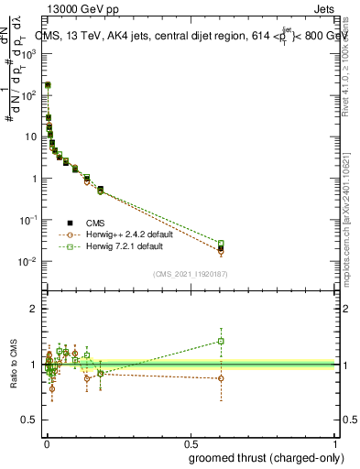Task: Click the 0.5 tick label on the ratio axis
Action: pos(28,421)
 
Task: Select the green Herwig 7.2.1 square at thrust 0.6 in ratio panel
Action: pos(220,341)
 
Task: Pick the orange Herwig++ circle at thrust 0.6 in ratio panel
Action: pos(220,378)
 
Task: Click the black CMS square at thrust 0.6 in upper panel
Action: pos(220,248)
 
